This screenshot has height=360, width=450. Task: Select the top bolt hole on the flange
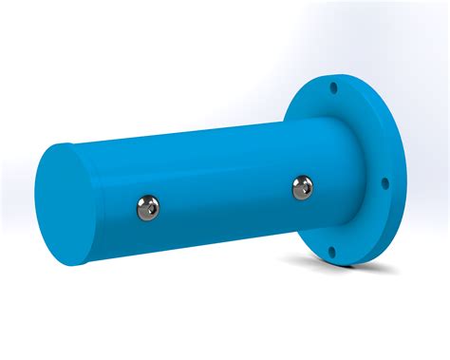coord(332,87)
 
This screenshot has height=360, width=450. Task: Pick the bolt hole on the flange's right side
coord(384,183)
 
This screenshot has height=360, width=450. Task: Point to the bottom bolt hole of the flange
coord(331,252)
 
